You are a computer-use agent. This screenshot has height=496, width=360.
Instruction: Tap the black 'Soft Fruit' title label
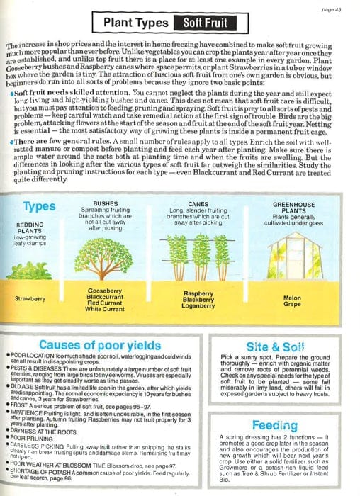pyautogui.click(x=206, y=23)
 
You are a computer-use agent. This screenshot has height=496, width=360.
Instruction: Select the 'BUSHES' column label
pyautogui.click(x=105, y=184)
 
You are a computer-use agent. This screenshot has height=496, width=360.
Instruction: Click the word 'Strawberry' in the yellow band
pyautogui.click(x=30, y=298)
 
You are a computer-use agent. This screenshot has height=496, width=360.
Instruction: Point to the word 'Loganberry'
pyautogui.click(x=198, y=306)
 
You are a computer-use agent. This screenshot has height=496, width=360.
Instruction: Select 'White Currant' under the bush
pyautogui.click(x=105, y=310)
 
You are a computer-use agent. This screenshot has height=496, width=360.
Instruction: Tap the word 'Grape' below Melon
pyautogui.click(x=292, y=305)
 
